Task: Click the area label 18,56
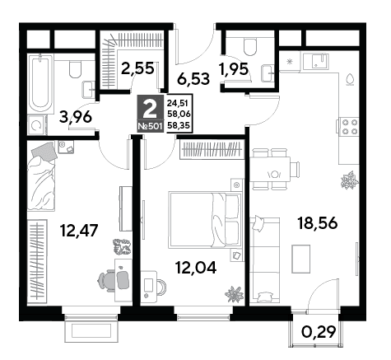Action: tap(317, 223)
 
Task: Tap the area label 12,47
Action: tap(79, 230)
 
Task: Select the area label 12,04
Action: tap(196, 267)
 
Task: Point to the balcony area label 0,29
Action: tap(319, 332)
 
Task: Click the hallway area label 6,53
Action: tap(193, 79)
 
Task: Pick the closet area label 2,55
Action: tap(137, 68)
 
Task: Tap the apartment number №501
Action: tap(150, 127)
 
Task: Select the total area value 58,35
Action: tap(179, 126)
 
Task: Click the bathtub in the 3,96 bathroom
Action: tap(40, 84)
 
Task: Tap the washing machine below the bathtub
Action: tap(38, 125)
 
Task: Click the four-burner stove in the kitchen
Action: tap(348, 127)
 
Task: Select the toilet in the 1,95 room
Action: tap(250, 47)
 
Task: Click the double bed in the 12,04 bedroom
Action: tap(205, 220)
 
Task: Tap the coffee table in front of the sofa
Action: tap(300, 259)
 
